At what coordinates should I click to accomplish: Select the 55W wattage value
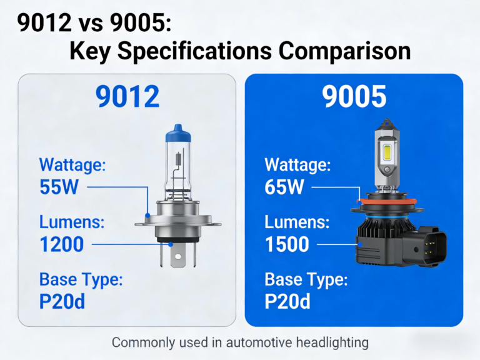click(59, 187)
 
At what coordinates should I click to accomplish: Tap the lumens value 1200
click(62, 244)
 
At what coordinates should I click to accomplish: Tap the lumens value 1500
click(287, 244)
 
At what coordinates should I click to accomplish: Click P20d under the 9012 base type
click(62, 301)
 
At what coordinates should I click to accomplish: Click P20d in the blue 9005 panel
click(287, 301)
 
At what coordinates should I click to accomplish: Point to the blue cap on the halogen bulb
click(177, 132)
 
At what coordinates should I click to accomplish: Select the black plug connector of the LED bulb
click(429, 245)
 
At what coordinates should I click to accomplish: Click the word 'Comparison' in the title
click(341, 51)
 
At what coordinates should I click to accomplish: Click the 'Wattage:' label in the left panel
click(73, 165)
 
